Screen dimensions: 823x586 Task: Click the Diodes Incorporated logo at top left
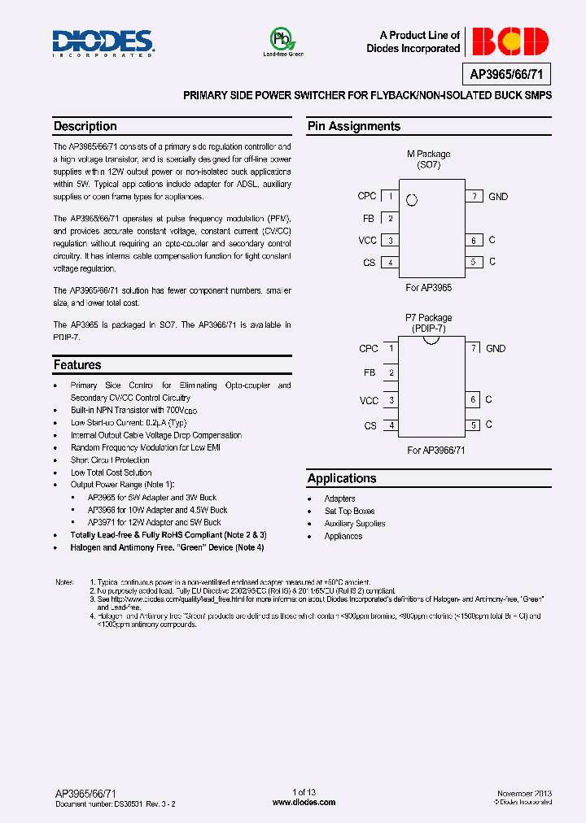103,42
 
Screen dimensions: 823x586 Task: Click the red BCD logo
510,41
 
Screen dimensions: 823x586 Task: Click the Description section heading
85,127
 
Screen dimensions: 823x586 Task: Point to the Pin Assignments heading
354,127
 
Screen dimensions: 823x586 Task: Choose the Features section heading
77,365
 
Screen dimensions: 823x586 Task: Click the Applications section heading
342,479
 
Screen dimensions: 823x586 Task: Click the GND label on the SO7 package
497,197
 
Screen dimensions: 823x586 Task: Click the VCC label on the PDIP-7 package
369,400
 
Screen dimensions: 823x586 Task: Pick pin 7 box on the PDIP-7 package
473,348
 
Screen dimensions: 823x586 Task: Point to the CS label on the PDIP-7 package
370,425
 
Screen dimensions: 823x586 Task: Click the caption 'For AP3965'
428,288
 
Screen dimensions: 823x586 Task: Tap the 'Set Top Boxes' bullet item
349,512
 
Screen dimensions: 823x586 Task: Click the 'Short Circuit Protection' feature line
110,460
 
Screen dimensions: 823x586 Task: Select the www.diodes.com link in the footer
304,802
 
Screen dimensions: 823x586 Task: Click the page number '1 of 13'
304,792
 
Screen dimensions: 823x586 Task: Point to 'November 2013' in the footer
524,792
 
